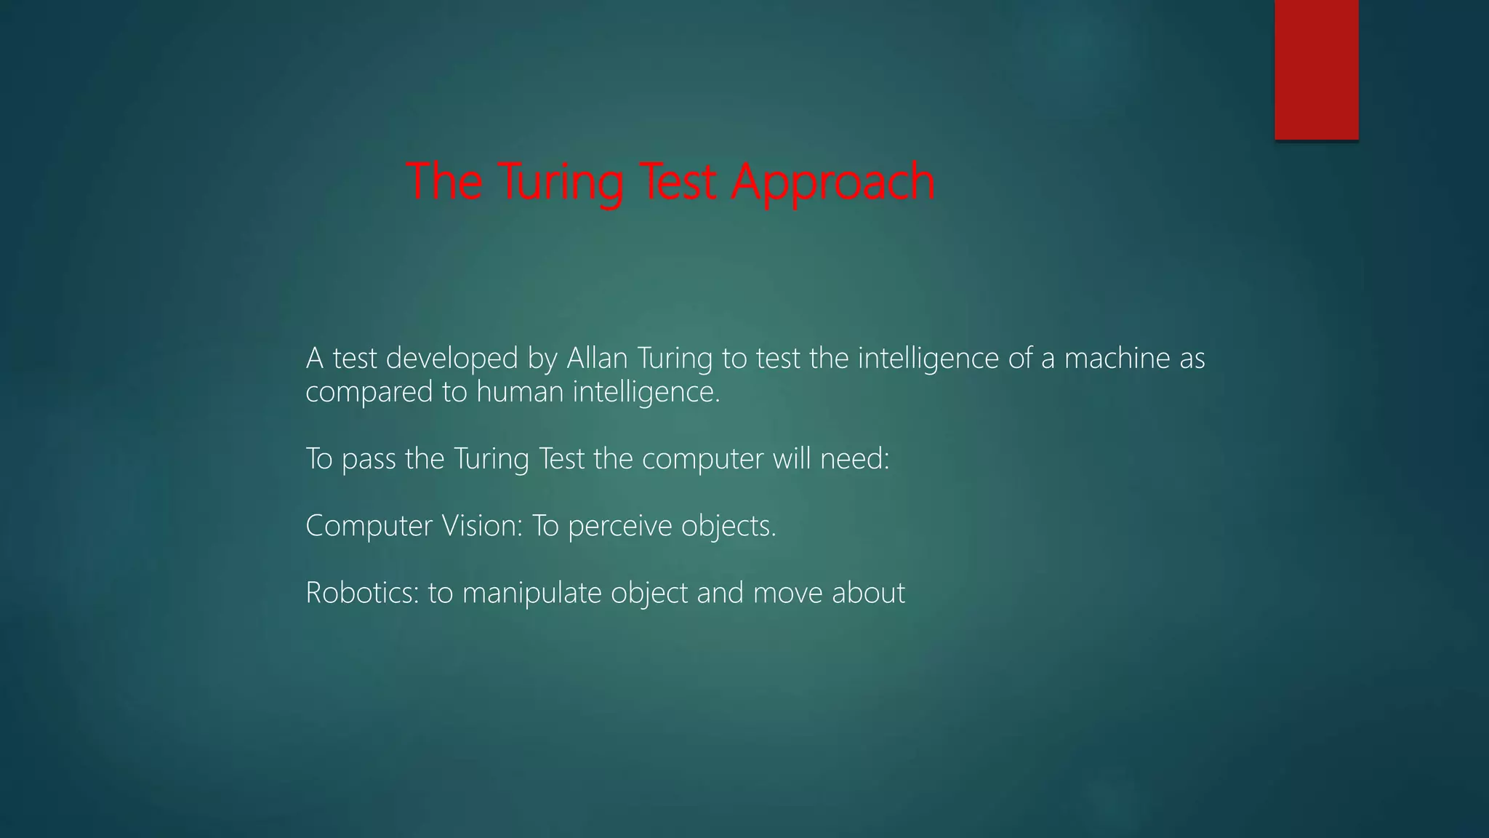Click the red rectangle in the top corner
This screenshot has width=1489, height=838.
pos(1316,69)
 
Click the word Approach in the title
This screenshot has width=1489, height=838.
pos(833,182)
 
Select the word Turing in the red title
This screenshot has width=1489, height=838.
pos(561,182)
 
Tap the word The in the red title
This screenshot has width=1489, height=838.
pos(444,182)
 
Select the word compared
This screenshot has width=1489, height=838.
pos(369,393)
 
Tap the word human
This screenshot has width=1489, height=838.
pos(520,393)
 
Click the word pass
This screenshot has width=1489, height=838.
pos(369,460)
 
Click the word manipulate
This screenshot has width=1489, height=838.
pos(532,593)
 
